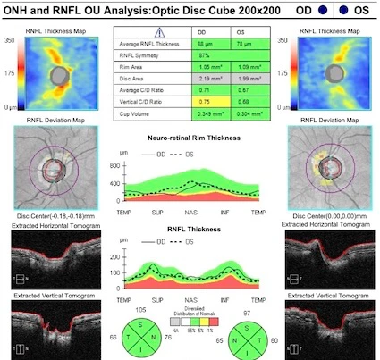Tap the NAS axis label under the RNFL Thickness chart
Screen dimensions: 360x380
pyautogui.click(x=190, y=295)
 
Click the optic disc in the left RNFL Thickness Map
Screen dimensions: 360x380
pyautogui.click(x=59, y=75)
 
